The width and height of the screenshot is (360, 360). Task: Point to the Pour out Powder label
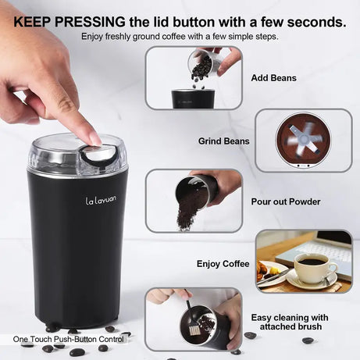tap(285, 201)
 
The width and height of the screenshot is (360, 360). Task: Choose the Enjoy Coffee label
tap(223, 264)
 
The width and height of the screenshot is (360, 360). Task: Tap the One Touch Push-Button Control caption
tap(68, 340)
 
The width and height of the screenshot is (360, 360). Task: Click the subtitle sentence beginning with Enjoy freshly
tap(180, 37)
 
